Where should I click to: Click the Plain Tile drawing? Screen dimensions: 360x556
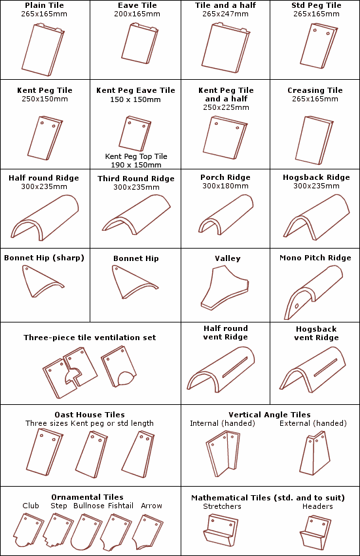click(x=43, y=50)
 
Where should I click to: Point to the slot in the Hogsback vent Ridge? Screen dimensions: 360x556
click(x=325, y=368)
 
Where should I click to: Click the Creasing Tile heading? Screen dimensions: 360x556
click(x=315, y=90)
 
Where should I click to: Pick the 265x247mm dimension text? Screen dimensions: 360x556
click(x=225, y=14)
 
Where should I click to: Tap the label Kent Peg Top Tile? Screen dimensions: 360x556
click(x=136, y=156)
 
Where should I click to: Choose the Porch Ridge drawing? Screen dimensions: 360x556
click(x=226, y=215)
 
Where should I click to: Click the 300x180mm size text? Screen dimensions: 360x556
click(x=225, y=186)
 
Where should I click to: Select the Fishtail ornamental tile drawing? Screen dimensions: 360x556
click(x=116, y=532)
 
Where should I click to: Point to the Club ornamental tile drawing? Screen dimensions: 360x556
click(x=28, y=531)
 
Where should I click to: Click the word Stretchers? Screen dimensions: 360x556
click(x=222, y=506)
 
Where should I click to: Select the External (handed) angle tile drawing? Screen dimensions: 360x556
click(x=315, y=453)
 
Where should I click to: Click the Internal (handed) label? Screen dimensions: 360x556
click(x=223, y=423)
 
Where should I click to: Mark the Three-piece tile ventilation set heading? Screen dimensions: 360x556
click(x=90, y=338)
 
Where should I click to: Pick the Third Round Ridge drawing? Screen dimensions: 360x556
click(x=136, y=215)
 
